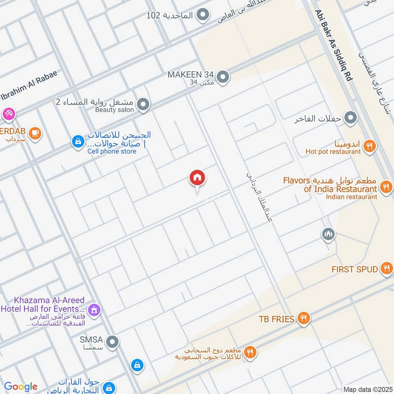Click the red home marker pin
coord(197,178)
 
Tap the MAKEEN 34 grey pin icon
coord(223,77)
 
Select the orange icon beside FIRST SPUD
coord(387,269)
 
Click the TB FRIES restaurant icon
coord(304,319)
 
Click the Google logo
coord(21,387)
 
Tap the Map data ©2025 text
coord(367,389)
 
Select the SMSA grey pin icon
coord(113,341)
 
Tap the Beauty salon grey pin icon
coord(143,104)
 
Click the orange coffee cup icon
coord(34,132)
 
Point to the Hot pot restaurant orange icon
coord(369,145)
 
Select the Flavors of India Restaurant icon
coord(387,187)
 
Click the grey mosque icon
coord(328,234)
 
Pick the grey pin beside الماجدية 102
coord(202,15)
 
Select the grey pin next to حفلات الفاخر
coord(351,118)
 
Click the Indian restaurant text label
coord(351,197)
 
